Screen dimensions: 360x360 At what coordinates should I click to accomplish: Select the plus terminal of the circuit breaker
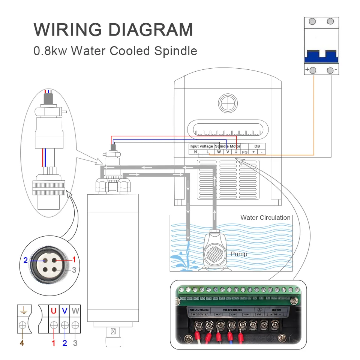[313, 70]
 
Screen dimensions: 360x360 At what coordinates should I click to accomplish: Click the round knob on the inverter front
[228, 102]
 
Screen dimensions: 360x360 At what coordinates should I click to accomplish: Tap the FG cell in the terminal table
[244, 152]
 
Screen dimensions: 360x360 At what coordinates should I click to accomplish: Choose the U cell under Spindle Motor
[235, 152]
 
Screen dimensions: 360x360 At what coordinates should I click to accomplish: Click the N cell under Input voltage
[195, 152]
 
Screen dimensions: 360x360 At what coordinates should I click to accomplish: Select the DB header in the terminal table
[257, 146]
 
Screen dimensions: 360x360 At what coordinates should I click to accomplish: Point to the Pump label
[239, 254]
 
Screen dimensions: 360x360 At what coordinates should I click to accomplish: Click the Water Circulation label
[265, 217]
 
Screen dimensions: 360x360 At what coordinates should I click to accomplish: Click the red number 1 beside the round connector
[74, 259]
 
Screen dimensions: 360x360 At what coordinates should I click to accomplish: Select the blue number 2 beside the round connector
[25, 260]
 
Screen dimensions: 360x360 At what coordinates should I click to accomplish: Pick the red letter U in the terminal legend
[54, 310]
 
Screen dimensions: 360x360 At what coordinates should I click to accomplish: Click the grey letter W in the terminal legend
[76, 310]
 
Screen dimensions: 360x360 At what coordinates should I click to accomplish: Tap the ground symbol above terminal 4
[23, 310]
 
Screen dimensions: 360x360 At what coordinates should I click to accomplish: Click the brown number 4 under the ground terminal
[22, 343]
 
